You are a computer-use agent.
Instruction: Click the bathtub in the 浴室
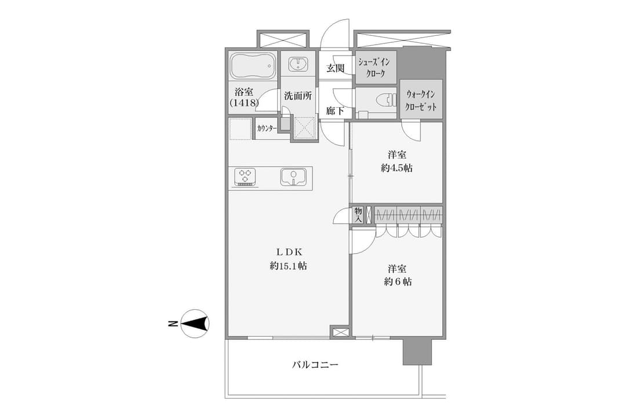[x=253, y=66]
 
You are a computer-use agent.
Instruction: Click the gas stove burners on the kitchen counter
[x=245, y=177]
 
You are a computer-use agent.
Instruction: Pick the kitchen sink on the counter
[x=293, y=177]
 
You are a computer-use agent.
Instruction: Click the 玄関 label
[x=336, y=68]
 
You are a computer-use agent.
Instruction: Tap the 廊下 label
[x=334, y=111]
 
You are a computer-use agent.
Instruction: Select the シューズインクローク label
[x=374, y=68]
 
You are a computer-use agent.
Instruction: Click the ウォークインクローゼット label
[x=421, y=101]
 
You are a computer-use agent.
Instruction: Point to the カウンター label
[x=267, y=129]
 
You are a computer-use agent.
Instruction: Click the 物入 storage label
[x=358, y=215]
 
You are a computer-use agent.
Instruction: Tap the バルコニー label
[x=315, y=364]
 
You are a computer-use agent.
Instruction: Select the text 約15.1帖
[x=288, y=266]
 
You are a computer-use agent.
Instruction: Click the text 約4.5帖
[x=396, y=168]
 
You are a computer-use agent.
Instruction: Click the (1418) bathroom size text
[x=245, y=103]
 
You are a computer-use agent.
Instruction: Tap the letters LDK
[x=289, y=252]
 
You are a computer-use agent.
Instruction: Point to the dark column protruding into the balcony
[x=417, y=351]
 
